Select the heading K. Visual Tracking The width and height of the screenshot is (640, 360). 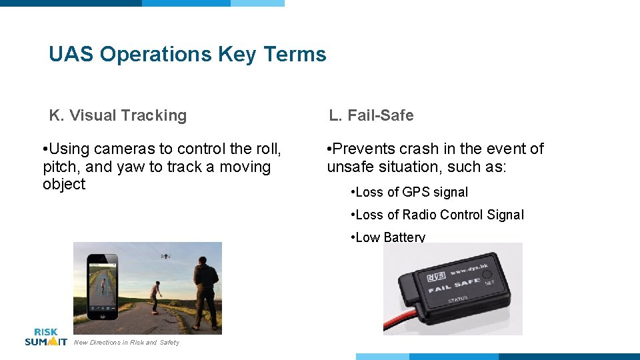click(118, 115)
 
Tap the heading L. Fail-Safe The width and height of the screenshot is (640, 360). click(371, 115)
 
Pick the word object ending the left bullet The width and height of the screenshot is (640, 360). click(64, 185)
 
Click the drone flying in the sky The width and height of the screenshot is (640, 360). click(165, 255)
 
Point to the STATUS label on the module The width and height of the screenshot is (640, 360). click(457, 300)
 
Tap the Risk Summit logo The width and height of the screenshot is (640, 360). click(45, 337)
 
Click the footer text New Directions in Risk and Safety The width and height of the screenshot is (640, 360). click(127, 343)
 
